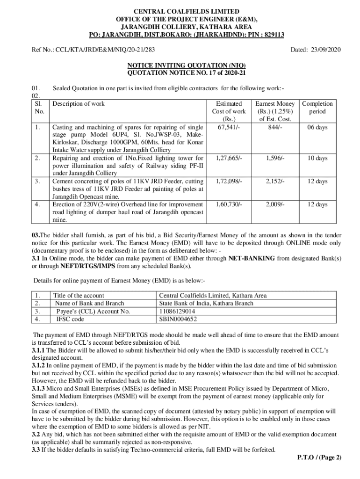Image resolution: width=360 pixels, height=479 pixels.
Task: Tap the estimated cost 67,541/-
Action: [229, 127]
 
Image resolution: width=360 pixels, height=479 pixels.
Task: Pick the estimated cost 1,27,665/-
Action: [229, 158]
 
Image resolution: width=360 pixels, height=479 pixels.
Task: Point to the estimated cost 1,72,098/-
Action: [229, 181]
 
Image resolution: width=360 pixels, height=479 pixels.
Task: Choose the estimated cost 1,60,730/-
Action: [229, 204]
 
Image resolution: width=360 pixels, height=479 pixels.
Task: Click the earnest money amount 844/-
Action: [274, 127]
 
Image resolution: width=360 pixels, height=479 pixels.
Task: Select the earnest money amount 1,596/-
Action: [274, 158]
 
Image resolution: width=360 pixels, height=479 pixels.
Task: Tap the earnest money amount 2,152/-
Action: [274, 181]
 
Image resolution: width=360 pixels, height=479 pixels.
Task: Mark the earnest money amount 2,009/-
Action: [274, 204]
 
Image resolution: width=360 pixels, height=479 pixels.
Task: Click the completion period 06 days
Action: [317, 127]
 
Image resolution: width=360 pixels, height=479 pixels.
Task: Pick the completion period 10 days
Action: [317, 158]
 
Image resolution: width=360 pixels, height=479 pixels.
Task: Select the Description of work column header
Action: [79, 104]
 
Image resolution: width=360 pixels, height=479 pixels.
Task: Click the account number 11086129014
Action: [177, 311]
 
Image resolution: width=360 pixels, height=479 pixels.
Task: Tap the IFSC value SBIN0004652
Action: [178, 319]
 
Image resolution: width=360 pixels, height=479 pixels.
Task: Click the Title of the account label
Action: [79, 296]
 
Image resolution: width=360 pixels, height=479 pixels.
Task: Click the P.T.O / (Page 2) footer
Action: [319, 457]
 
